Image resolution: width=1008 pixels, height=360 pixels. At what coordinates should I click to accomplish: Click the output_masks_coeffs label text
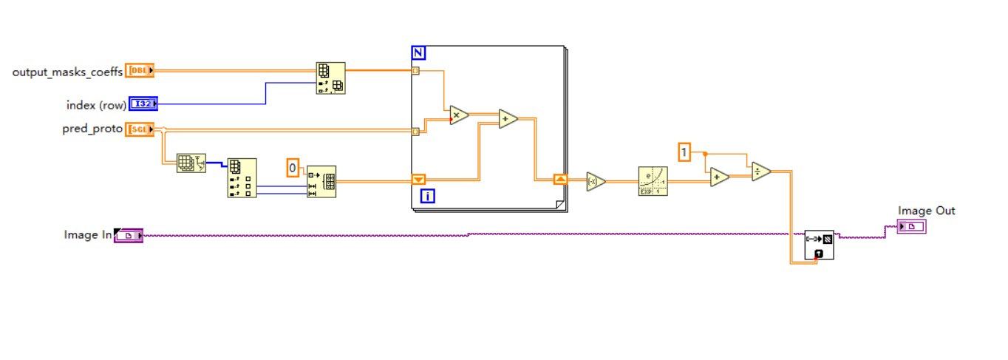click(67, 72)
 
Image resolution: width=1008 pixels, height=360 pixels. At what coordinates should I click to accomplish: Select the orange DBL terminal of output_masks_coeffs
click(140, 71)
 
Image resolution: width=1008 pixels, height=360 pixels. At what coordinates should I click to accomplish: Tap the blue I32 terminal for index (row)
click(143, 104)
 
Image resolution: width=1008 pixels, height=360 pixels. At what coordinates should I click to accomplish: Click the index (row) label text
click(96, 105)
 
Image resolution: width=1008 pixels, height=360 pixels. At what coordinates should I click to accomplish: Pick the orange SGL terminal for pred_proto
click(140, 129)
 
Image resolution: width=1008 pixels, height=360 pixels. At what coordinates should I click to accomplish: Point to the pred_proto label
click(92, 129)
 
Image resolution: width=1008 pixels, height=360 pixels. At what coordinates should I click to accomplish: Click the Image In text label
click(88, 235)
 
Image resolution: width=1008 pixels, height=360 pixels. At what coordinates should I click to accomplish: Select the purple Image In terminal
click(129, 236)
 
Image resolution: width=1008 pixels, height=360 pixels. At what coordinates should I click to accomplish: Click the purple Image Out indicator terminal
click(911, 226)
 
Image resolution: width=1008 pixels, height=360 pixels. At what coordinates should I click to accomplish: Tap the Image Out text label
click(926, 211)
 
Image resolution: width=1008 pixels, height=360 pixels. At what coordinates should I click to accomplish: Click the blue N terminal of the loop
click(419, 52)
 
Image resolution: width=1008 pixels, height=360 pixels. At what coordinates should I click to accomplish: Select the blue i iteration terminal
click(428, 196)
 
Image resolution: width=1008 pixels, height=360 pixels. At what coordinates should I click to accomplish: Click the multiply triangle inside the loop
click(459, 115)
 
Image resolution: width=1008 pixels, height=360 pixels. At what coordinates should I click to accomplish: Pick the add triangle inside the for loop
click(508, 119)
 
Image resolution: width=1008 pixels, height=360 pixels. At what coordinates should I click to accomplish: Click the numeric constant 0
click(293, 169)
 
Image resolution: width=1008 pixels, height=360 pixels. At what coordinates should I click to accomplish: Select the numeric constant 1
click(684, 153)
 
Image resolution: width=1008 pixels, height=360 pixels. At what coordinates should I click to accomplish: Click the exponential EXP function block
click(653, 181)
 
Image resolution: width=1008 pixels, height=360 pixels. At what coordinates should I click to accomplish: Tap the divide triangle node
click(760, 171)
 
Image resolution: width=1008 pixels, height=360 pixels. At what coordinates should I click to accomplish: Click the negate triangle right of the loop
click(596, 182)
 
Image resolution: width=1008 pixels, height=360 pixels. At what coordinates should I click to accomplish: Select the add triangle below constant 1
click(719, 177)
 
